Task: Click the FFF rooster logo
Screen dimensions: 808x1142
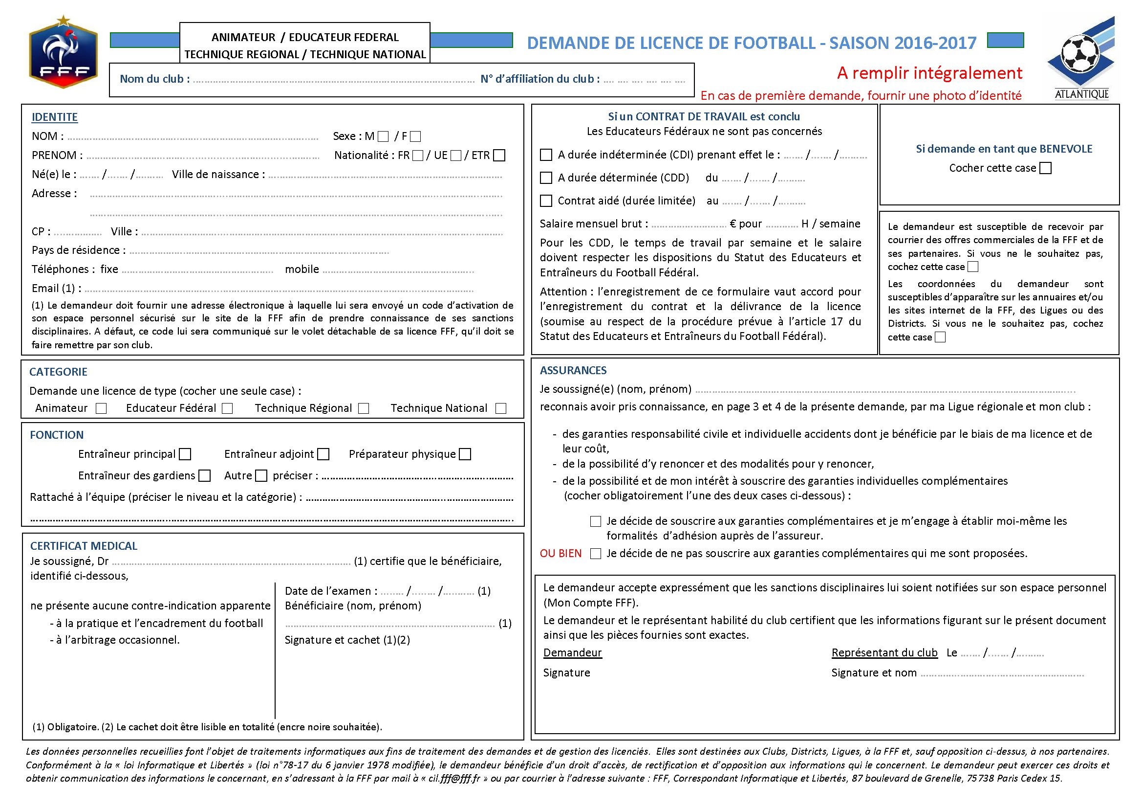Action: coord(63,53)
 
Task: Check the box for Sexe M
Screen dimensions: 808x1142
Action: coord(383,136)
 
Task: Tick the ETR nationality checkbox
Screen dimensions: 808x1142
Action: coord(499,156)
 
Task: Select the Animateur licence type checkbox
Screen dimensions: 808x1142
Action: coord(101,409)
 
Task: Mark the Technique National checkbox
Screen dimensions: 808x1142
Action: coord(501,409)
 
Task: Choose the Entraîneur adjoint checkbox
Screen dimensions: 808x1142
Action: coord(323,454)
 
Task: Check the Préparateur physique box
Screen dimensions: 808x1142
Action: coord(465,454)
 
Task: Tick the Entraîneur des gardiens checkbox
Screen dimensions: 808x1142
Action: coord(204,476)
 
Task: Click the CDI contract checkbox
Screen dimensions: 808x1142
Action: coord(546,155)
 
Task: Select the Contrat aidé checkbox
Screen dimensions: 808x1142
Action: coord(546,201)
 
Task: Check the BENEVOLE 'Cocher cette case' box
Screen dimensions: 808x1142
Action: coord(1046,168)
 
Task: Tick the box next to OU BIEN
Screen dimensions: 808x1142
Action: coord(595,554)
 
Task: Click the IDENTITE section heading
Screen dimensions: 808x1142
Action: coord(55,117)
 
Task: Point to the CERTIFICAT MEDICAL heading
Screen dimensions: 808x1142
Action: coord(84,546)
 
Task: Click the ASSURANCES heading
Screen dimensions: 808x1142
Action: coord(573,370)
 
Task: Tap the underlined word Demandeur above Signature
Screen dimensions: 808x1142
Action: coord(572,652)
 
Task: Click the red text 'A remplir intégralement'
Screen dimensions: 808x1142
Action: coord(929,73)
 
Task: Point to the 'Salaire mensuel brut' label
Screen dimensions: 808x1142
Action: coord(594,224)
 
